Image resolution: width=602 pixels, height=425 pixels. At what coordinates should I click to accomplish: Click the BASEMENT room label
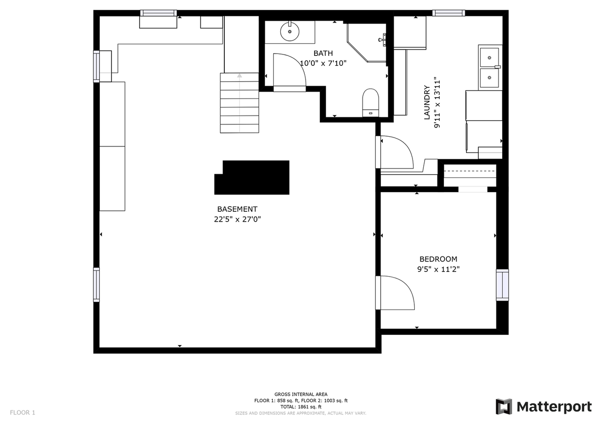click(x=237, y=209)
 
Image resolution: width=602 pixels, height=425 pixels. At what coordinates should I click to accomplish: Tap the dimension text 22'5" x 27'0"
click(x=237, y=219)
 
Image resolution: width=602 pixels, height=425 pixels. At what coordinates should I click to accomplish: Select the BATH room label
click(x=323, y=54)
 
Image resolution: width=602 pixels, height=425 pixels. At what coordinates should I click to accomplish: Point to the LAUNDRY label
click(x=427, y=102)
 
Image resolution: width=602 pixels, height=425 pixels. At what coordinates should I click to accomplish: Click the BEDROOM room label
click(x=438, y=259)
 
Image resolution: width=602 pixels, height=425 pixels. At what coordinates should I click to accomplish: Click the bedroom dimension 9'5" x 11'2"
click(x=438, y=270)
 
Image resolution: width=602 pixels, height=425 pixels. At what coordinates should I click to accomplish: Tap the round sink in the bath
click(x=290, y=32)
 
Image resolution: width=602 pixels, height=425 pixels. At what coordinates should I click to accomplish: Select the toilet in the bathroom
click(x=371, y=102)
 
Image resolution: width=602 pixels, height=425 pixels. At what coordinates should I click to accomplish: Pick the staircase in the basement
click(x=239, y=103)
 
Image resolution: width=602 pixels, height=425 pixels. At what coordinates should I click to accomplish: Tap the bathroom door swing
click(x=289, y=70)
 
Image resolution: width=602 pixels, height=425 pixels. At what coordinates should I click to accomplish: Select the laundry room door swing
click(x=396, y=152)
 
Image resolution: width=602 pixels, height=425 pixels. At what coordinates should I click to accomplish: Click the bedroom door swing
click(x=396, y=293)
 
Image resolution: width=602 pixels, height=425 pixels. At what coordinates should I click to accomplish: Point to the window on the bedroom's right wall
click(x=502, y=285)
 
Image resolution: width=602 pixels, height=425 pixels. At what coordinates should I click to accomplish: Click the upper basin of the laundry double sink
click(x=490, y=57)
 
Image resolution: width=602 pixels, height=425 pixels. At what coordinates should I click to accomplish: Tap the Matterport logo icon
click(x=504, y=407)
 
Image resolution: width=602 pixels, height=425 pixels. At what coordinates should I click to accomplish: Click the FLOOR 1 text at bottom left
click(x=23, y=413)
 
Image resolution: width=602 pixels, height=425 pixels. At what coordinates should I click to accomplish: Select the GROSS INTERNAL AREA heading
click(x=301, y=394)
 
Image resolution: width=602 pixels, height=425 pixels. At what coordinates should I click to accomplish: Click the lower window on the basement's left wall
click(x=96, y=285)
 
